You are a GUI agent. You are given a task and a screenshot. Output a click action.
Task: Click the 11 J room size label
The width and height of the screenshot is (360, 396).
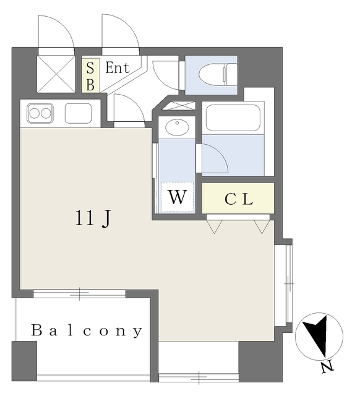point(93,218)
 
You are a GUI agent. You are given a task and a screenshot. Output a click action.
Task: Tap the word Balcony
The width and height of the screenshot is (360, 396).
point(87,331)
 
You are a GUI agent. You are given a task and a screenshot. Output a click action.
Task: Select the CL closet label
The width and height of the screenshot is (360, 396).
point(238,199)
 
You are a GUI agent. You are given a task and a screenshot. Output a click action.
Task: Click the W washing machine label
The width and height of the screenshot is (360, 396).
point(178,198)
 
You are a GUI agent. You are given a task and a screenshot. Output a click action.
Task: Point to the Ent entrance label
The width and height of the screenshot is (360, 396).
point(117,68)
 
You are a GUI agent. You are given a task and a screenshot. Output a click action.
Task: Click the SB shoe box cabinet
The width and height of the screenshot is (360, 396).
point(90,75)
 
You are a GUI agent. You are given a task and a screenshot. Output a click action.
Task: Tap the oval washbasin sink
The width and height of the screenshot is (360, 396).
point(178,127)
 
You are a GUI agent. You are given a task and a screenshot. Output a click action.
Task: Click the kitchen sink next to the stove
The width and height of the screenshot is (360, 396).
point(78,114)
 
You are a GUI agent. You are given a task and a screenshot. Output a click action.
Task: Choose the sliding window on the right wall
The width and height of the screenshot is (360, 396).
point(288,283)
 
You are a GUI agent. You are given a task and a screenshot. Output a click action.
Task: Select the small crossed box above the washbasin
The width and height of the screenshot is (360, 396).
point(178,105)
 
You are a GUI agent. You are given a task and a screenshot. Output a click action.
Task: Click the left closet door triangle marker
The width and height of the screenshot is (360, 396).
point(214,226)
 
